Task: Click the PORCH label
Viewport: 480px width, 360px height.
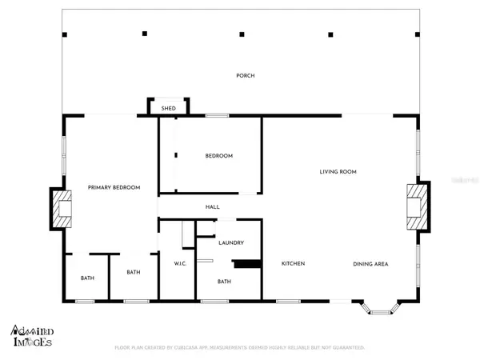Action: tap(245, 76)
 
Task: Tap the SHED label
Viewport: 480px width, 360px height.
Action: tap(168, 108)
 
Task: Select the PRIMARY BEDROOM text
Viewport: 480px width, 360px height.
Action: tap(114, 187)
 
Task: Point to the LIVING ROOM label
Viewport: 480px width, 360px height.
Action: tap(338, 171)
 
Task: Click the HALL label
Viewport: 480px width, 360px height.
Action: tap(212, 207)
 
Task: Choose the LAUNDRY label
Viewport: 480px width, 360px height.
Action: tap(230, 243)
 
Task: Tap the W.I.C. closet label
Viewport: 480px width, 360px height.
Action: tap(180, 263)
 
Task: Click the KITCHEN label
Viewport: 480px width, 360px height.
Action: tap(293, 263)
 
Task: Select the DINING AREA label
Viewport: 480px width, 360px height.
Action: tap(370, 263)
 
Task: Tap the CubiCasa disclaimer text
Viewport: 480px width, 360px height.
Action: tap(240, 348)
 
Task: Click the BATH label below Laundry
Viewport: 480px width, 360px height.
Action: tap(225, 281)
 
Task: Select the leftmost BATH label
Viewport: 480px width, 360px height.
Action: tap(86, 278)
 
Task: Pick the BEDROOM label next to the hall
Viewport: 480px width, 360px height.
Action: tap(218, 156)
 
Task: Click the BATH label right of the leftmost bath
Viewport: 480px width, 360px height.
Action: tap(134, 272)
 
